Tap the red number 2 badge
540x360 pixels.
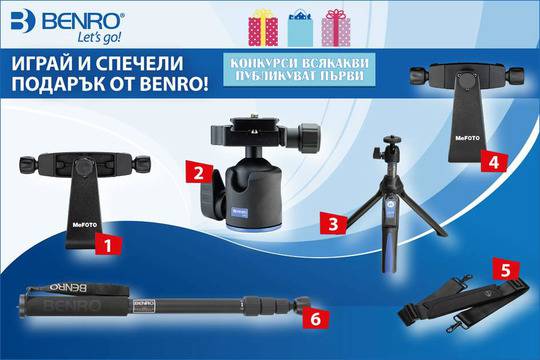199,171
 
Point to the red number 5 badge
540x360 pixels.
507,270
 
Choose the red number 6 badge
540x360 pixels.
316,318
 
